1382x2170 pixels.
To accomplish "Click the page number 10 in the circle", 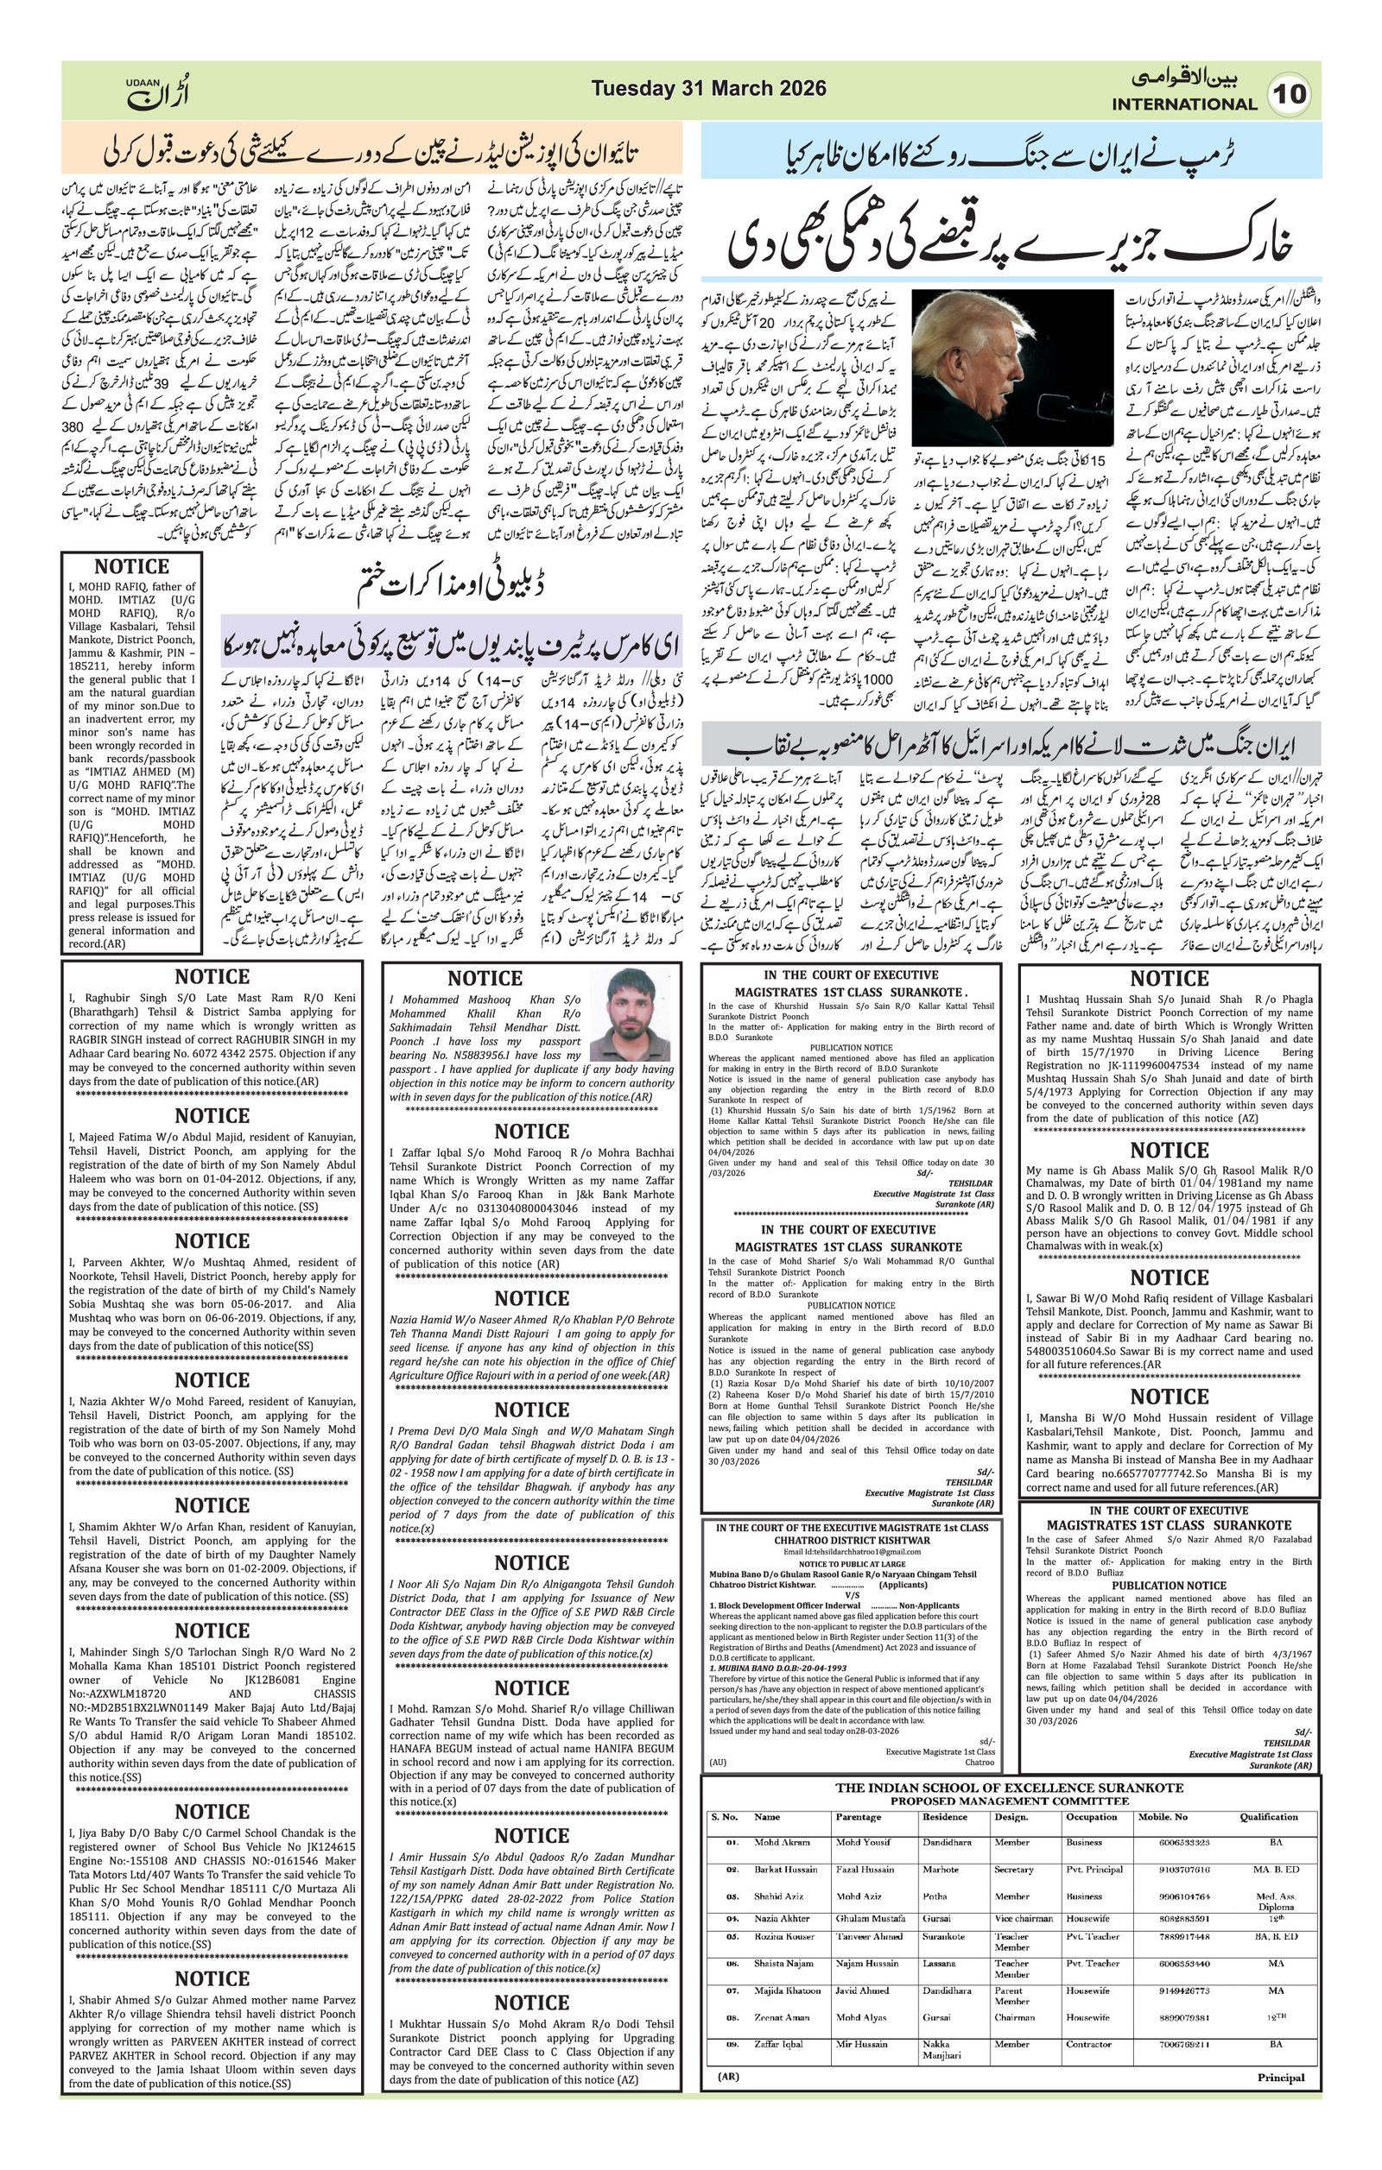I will [x=1290, y=95].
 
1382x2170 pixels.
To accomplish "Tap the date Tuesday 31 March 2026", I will [x=708, y=88].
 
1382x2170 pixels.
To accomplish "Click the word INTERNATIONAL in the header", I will [x=1183, y=104].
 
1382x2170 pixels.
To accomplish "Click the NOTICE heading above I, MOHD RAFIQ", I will [x=131, y=567].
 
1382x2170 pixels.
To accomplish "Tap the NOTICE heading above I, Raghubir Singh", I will [x=212, y=977].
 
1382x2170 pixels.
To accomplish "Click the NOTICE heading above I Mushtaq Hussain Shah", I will [x=1170, y=979].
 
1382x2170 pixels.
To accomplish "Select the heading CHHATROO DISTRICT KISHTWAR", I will [x=852, y=1540].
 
